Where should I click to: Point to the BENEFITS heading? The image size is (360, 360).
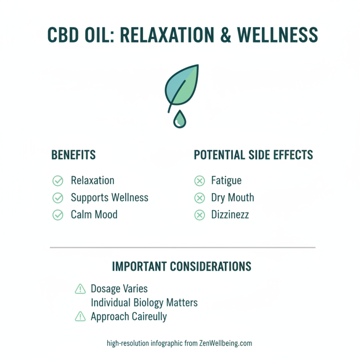coord(73,155)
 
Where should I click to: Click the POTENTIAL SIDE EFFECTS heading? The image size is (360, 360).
coord(253,155)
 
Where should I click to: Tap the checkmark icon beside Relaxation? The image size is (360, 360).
coord(58,181)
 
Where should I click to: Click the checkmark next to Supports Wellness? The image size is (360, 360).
coord(58,198)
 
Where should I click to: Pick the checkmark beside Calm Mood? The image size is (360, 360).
coord(58,215)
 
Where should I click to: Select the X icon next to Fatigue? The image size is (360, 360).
coord(199,181)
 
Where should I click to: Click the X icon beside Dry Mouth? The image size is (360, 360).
coord(199,198)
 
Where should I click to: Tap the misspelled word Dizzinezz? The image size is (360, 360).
coord(230,215)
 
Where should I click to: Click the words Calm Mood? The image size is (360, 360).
coord(94,215)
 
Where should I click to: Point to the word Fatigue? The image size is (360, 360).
coord(226,181)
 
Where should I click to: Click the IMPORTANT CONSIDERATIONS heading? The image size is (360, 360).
coord(181,266)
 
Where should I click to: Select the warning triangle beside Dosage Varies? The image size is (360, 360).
coord(80,288)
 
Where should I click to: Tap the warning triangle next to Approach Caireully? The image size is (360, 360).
coord(80,317)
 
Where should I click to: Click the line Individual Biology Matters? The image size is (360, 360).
coord(144,302)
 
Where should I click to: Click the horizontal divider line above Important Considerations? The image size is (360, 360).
coord(182,247)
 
